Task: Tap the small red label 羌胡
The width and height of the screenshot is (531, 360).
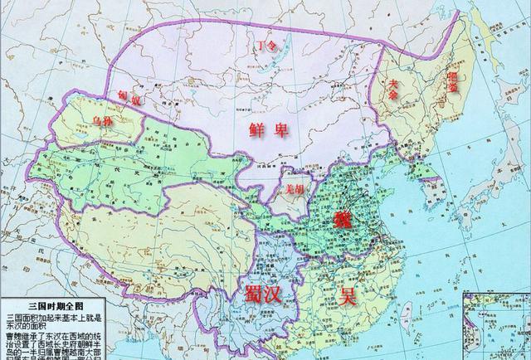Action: (x=295, y=189)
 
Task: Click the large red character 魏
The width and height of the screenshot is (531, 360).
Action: (x=342, y=221)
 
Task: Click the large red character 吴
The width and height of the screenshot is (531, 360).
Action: (x=346, y=295)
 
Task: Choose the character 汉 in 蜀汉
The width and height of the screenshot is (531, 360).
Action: (x=281, y=293)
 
